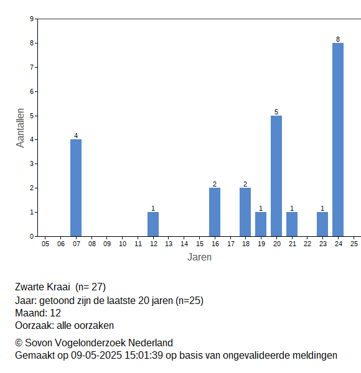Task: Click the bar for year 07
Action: [76, 188]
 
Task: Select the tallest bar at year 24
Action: [338, 140]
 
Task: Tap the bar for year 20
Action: [276, 176]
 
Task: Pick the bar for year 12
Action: [153, 224]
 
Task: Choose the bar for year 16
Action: [215, 212]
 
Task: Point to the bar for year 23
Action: [322, 224]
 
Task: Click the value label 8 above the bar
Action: [338, 39]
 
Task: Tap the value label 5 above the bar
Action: [276, 112]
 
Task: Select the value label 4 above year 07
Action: [76, 136]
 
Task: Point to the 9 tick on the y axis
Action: [32, 19]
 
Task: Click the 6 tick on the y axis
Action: [32, 91]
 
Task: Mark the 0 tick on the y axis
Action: [32, 236]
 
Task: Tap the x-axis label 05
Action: [45, 244]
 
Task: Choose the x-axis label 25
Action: [354, 244]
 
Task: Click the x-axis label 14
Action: [184, 244]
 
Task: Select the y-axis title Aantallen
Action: [21, 128]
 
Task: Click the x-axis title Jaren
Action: [200, 257]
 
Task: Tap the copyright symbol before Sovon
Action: [19, 343]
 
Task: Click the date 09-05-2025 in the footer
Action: [96, 356]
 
